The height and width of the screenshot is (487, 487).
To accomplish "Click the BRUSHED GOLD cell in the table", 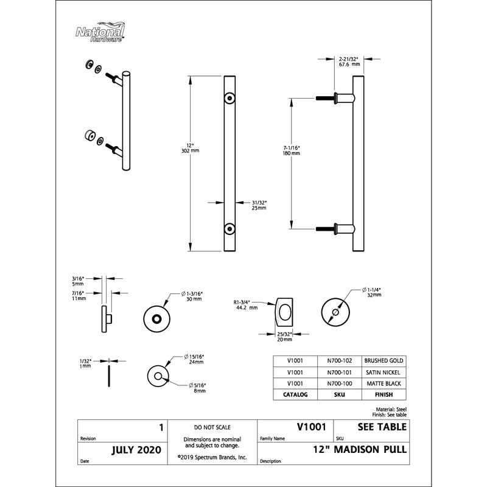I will coord(383,360).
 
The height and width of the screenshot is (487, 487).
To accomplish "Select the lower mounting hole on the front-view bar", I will coord(229,228).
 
